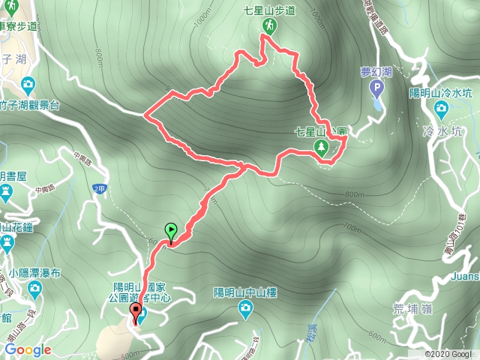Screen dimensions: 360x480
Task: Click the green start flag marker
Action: point(170,232)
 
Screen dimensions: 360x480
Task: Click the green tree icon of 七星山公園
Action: point(323,146)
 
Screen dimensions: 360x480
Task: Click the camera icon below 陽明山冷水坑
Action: point(440,110)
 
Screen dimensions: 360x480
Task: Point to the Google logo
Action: point(28,349)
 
